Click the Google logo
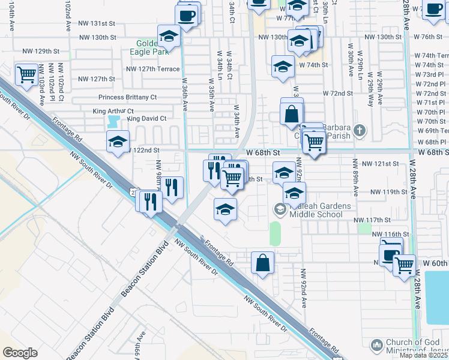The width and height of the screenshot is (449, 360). click(x=20, y=353)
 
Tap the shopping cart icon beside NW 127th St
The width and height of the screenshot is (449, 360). click(x=27, y=76)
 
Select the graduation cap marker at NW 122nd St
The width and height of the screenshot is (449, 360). click(x=118, y=142)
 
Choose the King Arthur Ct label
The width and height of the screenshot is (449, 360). click(x=113, y=111)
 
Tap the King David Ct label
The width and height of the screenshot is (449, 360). click(x=146, y=119)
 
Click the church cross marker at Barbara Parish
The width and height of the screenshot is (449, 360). click(x=358, y=130)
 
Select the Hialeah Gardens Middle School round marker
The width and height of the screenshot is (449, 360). click(x=279, y=209)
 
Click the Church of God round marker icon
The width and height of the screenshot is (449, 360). click(x=376, y=345)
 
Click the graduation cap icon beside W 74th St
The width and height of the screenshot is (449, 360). click(x=283, y=67)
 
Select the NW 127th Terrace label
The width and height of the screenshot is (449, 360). click(x=152, y=69)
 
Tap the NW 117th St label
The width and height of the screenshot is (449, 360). click(x=389, y=220)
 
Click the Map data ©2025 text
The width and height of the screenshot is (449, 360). click(x=423, y=355)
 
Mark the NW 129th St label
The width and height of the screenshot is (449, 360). click(x=41, y=51)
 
